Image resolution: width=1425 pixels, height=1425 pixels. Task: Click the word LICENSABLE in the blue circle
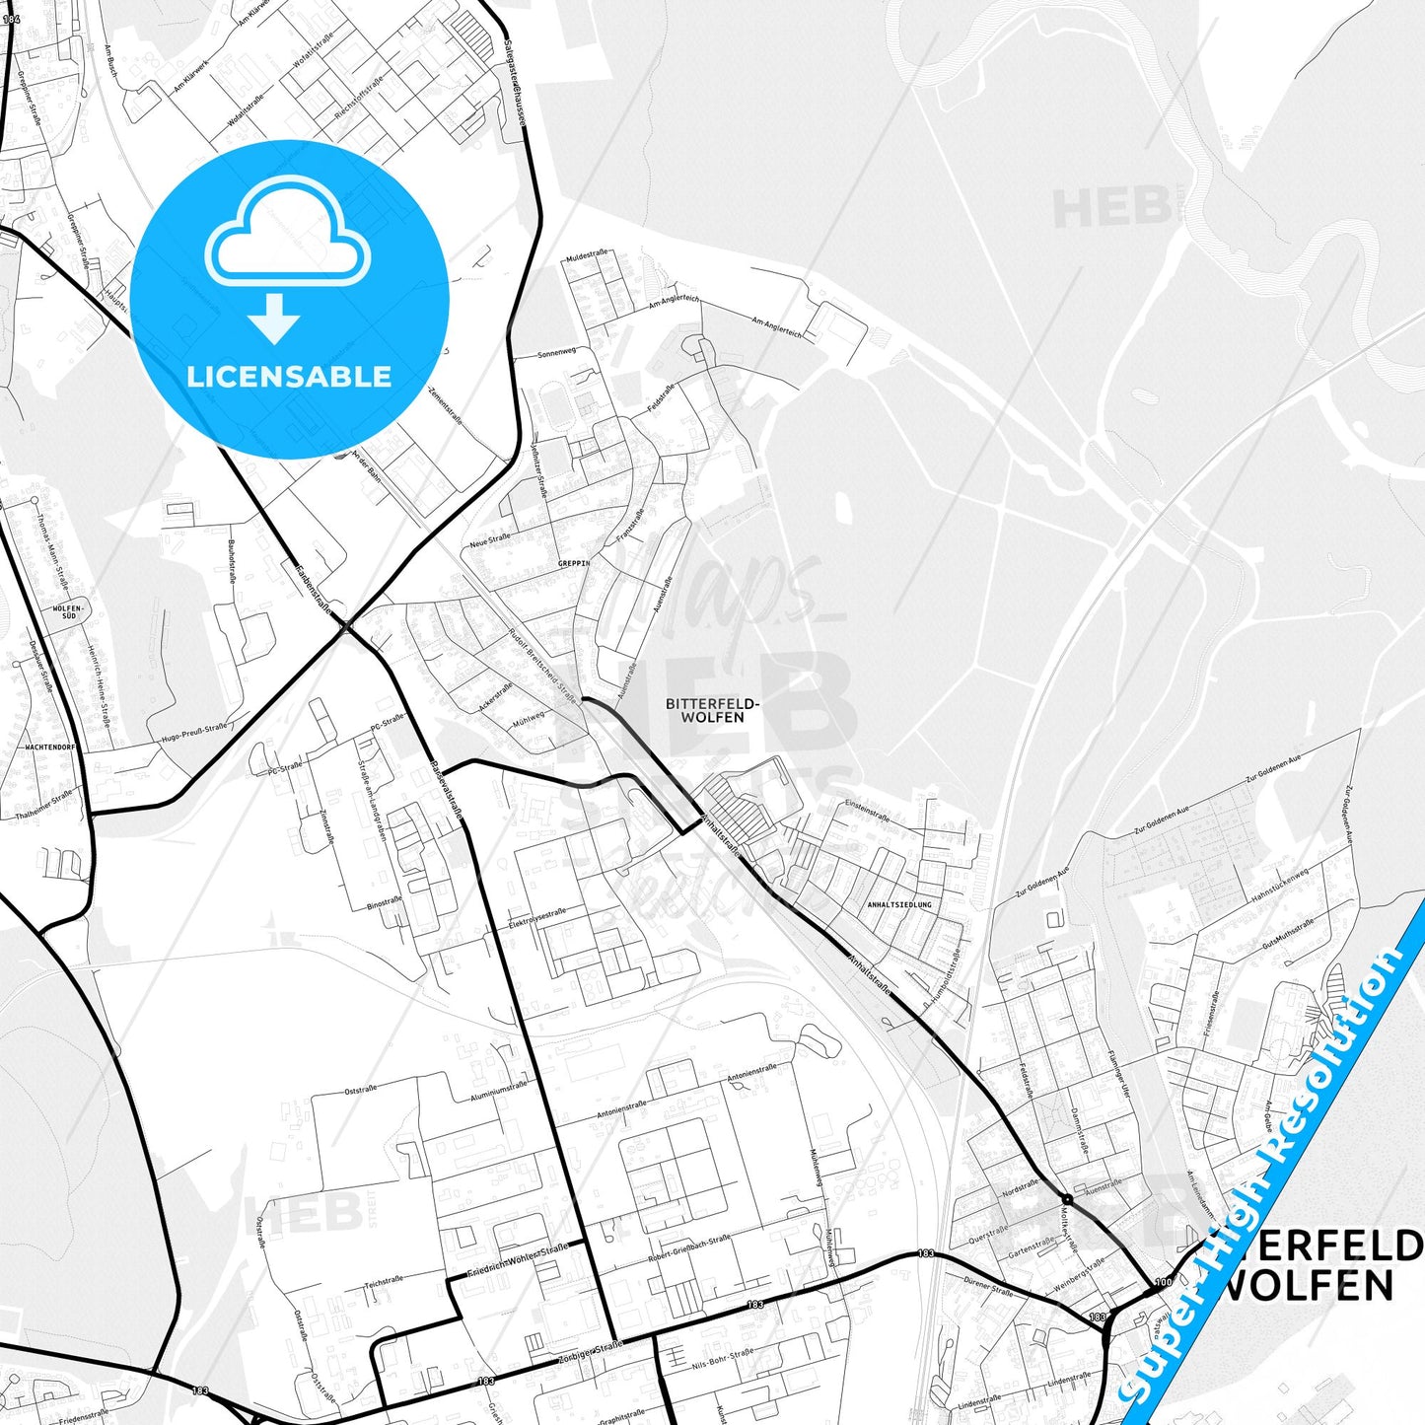coord(289,377)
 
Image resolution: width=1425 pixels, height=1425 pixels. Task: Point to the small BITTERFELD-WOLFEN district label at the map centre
coord(712,710)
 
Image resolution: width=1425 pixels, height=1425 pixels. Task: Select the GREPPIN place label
coord(573,563)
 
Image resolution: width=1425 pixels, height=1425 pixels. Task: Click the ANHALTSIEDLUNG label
coord(898,904)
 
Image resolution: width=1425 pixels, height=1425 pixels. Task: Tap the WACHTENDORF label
coord(50,748)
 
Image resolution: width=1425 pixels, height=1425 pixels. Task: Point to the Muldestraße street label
coord(586,256)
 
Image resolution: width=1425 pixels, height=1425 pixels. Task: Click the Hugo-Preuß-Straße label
coord(193,734)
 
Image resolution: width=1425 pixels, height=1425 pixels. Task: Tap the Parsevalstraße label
coord(447,789)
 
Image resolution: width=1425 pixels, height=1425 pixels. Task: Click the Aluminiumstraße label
coord(499,1089)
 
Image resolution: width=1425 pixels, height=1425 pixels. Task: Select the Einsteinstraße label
coord(867,811)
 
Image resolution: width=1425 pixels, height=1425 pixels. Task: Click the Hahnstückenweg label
coord(1279,886)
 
